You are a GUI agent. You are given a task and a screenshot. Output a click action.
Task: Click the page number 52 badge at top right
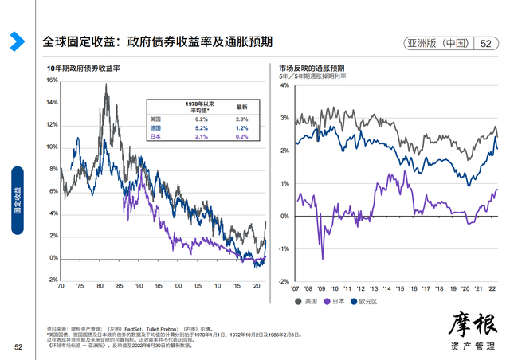point(484,44)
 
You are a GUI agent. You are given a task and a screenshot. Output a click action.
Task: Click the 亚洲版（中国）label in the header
point(440,44)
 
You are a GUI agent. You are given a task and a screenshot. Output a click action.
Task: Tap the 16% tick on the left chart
point(51,80)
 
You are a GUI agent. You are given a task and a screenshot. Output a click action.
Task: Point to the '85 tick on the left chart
point(118,286)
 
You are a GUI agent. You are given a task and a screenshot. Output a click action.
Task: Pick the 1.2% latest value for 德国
point(241,127)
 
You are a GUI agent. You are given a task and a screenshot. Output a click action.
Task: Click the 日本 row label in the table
point(157,137)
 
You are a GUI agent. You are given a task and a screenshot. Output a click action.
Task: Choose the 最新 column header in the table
point(241,106)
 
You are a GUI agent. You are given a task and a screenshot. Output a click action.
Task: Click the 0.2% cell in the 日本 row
point(241,137)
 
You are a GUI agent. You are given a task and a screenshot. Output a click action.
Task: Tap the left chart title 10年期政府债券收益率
point(84,69)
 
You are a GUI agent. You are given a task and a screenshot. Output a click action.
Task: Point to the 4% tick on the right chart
point(284,84)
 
